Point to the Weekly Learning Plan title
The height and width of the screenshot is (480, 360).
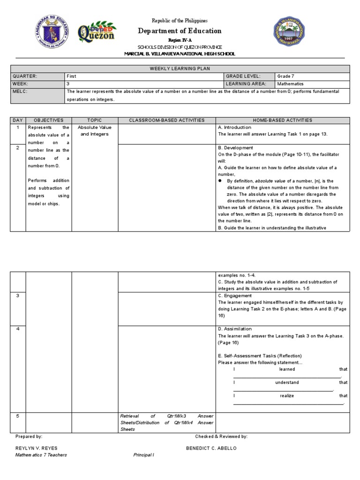(x=180, y=68)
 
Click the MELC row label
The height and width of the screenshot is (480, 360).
(x=21, y=91)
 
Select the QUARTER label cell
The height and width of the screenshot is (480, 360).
(x=24, y=76)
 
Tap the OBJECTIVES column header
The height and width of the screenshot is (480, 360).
(x=48, y=120)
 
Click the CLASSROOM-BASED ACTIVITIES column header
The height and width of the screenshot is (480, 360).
(x=167, y=120)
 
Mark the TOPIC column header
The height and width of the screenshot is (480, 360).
(x=94, y=120)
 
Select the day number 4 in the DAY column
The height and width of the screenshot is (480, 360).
(x=18, y=329)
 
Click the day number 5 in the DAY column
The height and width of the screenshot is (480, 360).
(x=18, y=416)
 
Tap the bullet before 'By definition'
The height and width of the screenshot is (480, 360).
(x=220, y=180)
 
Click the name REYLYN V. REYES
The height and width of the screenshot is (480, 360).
(x=36, y=448)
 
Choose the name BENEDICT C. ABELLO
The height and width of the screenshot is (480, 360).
(x=211, y=448)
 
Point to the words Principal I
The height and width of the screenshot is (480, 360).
(x=143, y=455)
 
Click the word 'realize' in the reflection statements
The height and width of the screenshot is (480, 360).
(x=287, y=396)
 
